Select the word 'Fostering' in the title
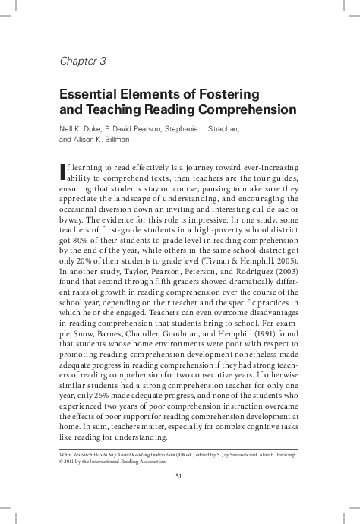[228, 95]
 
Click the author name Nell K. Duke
[80, 129]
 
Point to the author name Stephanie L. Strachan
[203, 129]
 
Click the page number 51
[179, 476]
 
